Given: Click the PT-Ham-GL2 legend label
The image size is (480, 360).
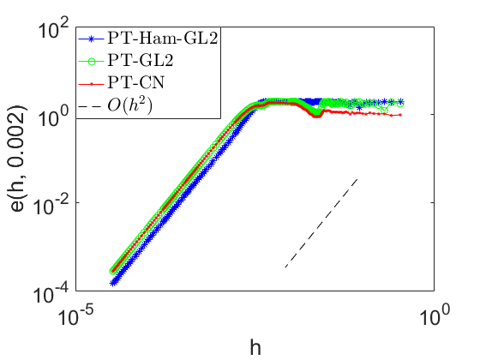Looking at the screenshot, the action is click(162, 39).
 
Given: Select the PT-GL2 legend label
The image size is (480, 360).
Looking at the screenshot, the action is click(141, 60).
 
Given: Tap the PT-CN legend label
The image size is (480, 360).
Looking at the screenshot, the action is click(136, 82).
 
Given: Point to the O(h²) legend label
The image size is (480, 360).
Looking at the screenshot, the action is click(129, 105).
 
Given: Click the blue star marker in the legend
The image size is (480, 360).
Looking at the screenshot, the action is click(91, 39).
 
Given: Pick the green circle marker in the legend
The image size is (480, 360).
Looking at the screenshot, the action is click(91, 62).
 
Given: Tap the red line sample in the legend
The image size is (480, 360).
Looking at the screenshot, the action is click(91, 84).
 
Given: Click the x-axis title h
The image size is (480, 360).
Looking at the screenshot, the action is click(255, 347).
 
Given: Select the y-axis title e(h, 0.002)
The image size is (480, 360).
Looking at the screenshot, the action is click(18, 159).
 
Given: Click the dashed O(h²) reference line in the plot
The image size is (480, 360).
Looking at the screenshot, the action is click(321, 223).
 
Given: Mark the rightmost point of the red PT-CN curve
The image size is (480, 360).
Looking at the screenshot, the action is click(400, 115).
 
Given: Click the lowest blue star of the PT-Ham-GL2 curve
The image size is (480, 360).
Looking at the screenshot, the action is click(113, 283).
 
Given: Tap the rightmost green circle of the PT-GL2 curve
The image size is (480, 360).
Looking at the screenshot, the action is click(399, 104).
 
